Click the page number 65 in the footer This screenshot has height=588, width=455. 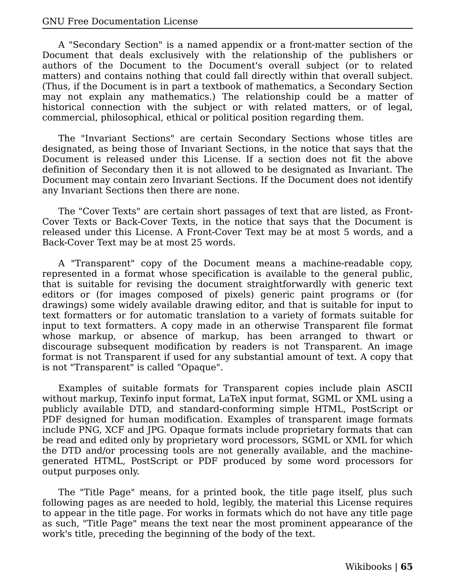point(407,566)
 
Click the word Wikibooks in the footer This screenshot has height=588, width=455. point(368,566)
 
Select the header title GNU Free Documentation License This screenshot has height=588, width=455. point(120,21)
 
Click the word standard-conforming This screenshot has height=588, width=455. point(226,409)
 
